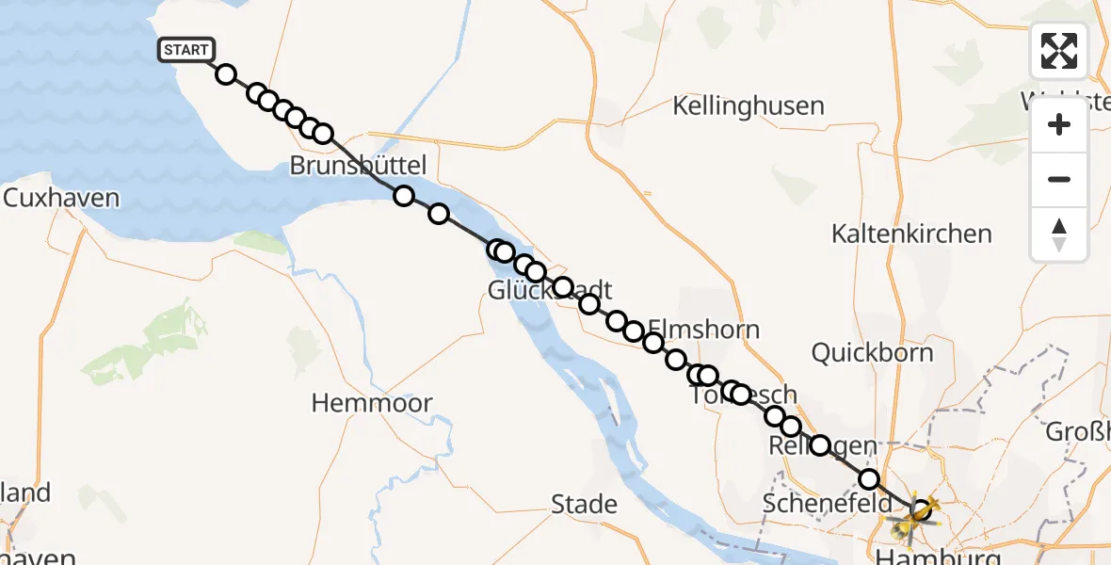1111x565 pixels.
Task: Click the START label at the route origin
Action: click(x=186, y=50)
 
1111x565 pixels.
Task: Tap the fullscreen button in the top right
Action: click(x=1059, y=51)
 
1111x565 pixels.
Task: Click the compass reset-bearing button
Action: click(x=1059, y=234)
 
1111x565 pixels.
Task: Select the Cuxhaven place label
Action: click(x=61, y=199)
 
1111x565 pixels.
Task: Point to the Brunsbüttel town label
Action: click(x=358, y=166)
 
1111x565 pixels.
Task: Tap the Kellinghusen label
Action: click(x=749, y=105)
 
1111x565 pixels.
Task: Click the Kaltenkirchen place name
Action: click(x=911, y=234)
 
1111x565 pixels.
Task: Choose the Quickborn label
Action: click(x=872, y=353)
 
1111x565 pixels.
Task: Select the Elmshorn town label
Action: click(x=703, y=331)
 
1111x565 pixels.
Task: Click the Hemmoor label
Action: click(x=372, y=403)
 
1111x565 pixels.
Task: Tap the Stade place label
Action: click(x=584, y=504)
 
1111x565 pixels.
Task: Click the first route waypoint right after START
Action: click(x=226, y=74)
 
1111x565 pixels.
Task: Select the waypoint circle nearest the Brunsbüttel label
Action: click(x=403, y=196)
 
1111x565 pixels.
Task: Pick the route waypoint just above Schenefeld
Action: click(x=868, y=479)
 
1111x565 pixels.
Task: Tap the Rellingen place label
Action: click(x=810, y=445)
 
